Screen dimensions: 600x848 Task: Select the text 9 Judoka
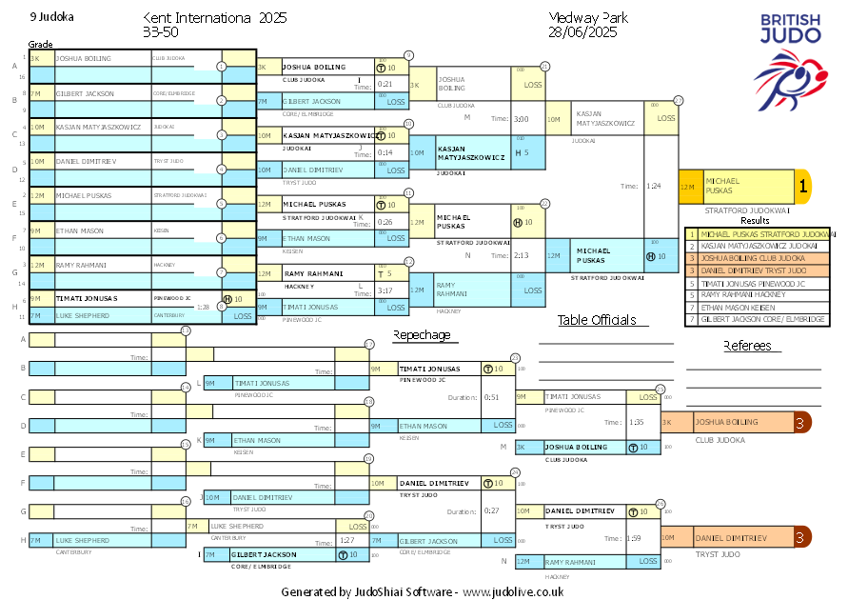pyautogui.click(x=51, y=16)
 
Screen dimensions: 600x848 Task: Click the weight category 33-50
pyautogui.click(x=159, y=32)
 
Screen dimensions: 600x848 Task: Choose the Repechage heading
pyautogui.click(x=422, y=334)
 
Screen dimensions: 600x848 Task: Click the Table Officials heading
pyautogui.click(x=597, y=320)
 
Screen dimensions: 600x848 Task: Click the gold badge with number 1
pyautogui.click(x=802, y=187)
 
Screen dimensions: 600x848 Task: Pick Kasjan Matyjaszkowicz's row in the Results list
pyautogui.click(x=759, y=246)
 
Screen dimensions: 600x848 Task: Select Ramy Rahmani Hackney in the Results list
pyautogui.click(x=759, y=295)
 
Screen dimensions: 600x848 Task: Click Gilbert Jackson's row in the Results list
pyautogui.click(x=759, y=320)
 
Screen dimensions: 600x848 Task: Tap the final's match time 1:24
pyautogui.click(x=653, y=187)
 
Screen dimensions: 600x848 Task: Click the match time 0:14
pyautogui.click(x=385, y=152)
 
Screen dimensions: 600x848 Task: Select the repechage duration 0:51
pyautogui.click(x=491, y=397)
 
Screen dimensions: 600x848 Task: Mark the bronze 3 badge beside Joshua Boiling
pyautogui.click(x=801, y=422)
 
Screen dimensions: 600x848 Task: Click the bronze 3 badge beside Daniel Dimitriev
pyautogui.click(x=801, y=538)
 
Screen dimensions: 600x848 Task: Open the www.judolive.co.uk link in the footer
pyautogui.click(x=513, y=591)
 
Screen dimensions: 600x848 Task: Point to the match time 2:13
pyautogui.click(x=520, y=255)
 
